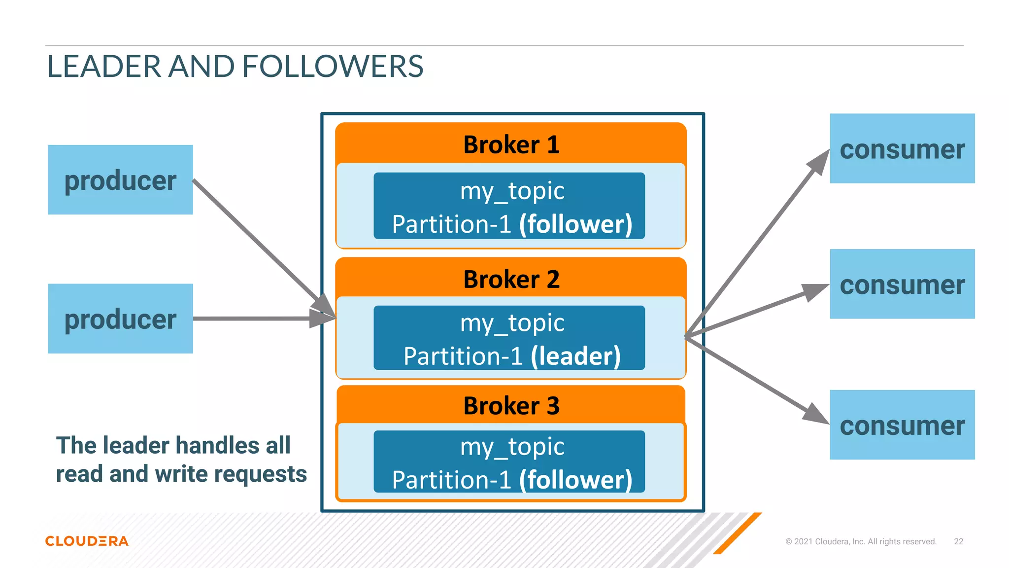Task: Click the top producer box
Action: tap(120, 179)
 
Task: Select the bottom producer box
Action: tap(120, 319)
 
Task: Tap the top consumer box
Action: tap(902, 148)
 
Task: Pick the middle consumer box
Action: tap(902, 284)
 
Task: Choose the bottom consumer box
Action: tap(902, 425)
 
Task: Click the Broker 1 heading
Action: tap(511, 144)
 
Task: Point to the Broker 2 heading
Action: tap(511, 279)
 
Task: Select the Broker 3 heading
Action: tap(511, 406)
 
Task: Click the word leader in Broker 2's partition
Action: tap(575, 356)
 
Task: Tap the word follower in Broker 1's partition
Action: tap(575, 224)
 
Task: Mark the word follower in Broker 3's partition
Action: tap(575, 480)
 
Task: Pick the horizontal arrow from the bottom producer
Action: tap(251, 319)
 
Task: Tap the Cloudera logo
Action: tap(87, 541)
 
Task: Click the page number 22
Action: tap(958, 541)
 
